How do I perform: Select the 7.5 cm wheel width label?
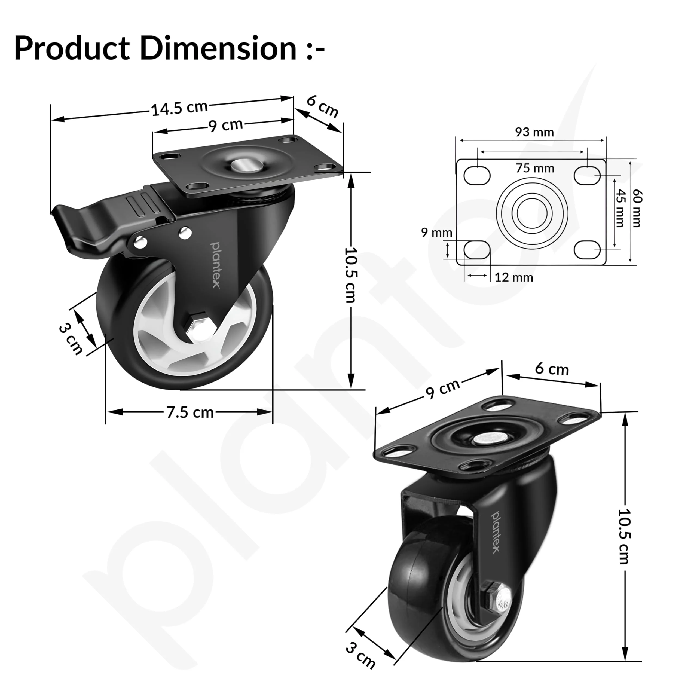190,412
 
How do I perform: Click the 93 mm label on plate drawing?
534,132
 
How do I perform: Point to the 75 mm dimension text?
535,168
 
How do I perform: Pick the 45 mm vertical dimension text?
619,208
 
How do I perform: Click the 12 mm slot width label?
514,277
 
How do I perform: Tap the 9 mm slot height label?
436,233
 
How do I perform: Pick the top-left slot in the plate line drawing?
477,176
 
